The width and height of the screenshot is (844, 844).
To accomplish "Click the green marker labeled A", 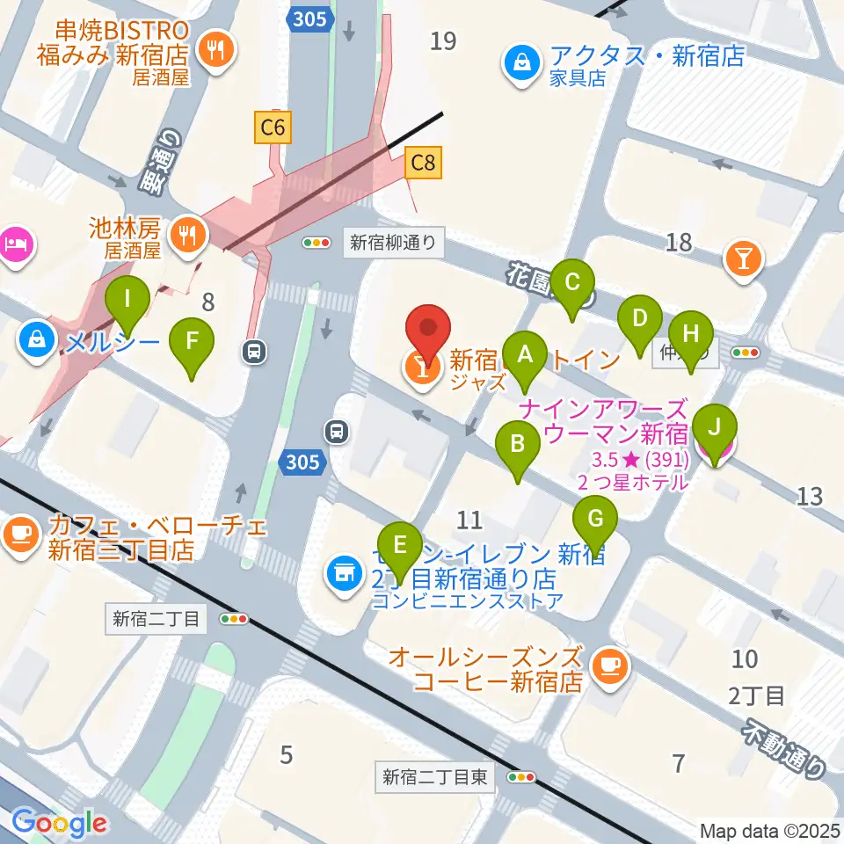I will [526, 355].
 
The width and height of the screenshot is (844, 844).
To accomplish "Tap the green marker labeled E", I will [400, 546].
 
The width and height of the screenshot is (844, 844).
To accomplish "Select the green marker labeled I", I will [128, 299].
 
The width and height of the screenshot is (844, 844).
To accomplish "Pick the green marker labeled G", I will [595, 520].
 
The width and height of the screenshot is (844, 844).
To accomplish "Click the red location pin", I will [428, 329].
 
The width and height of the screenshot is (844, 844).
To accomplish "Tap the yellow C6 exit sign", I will [273, 128].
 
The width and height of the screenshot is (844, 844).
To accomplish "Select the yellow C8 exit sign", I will [423, 163].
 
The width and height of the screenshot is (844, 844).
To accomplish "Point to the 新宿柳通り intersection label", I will [393, 243].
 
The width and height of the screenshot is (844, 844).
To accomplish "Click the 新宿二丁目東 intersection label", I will [435, 777].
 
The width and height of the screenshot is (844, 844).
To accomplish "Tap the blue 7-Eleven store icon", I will [344, 573].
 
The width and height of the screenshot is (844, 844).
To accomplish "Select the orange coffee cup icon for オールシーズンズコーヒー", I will [608, 666].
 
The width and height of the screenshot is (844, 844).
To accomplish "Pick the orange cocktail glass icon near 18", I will [744, 258].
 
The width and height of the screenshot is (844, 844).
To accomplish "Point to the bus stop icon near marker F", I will [254, 353].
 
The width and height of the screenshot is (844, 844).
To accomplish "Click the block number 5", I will [286, 753].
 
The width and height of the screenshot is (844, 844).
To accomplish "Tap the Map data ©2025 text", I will [770, 831].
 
